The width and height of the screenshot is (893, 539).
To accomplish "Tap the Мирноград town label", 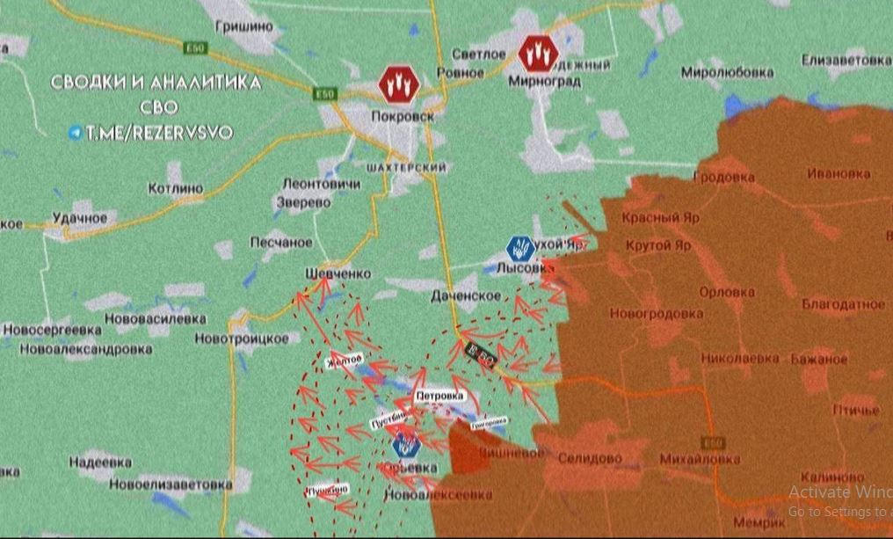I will tap(545, 82).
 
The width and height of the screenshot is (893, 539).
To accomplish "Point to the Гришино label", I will tap(243, 26).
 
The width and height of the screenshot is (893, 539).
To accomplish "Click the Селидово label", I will tap(590, 458).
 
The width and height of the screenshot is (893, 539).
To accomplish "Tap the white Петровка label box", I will tap(439, 396).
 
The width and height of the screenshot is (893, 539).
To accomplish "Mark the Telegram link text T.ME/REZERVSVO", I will tap(158, 133).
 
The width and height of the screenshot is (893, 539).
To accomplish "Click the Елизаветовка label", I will tap(846, 61).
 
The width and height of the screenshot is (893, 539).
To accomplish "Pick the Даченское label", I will tap(465, 296).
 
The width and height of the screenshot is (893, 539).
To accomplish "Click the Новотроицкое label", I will tap(242, 339).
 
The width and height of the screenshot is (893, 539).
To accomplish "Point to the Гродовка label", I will tap(723, 177).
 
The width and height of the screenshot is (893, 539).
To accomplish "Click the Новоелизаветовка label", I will tap(171, 484).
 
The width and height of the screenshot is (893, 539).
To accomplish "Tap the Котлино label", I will tap(176, 188).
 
